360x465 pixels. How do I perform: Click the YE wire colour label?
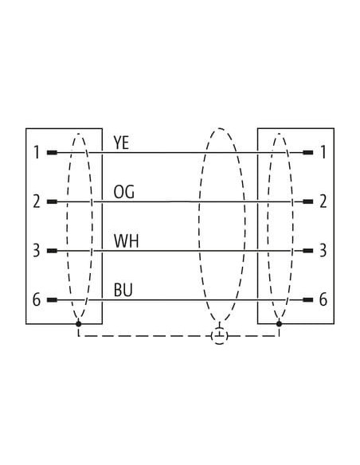tap(121, 143)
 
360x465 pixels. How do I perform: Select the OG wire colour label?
tap(123, 192)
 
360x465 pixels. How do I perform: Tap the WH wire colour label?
tap(127, 241)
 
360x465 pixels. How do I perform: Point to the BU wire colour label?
tap(123, 290)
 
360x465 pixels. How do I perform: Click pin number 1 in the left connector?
tap(37, 152)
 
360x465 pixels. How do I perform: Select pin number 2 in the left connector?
tap(36, 201)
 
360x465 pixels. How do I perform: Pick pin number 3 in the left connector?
tap(36, 251)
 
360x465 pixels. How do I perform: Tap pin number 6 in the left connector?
tap(36, 299)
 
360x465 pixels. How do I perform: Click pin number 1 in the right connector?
tap(323, 152)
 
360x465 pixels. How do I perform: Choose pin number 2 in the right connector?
tap(323, 201)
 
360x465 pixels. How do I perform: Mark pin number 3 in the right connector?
tap(323, 251)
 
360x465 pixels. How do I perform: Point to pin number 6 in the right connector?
tap(323, 299)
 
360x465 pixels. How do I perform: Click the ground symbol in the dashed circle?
tap(220, 336)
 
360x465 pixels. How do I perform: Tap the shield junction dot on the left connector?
tap(79, 323)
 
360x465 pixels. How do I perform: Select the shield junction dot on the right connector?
tap(279, 323)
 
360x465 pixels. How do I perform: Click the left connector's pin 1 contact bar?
tap(52, 153)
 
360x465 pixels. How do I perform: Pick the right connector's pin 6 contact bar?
tap(307, 300)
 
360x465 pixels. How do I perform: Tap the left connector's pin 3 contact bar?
tap(52, 251)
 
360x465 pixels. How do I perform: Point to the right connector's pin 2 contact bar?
tap(307, 201)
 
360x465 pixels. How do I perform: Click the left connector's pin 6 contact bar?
tap(52, 300)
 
